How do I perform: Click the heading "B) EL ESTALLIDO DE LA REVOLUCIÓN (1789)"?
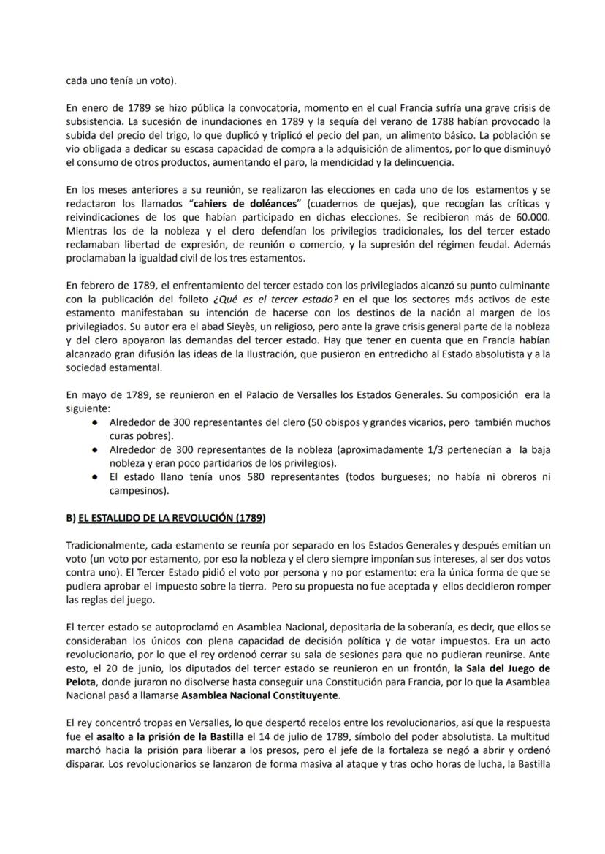(166, 518)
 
